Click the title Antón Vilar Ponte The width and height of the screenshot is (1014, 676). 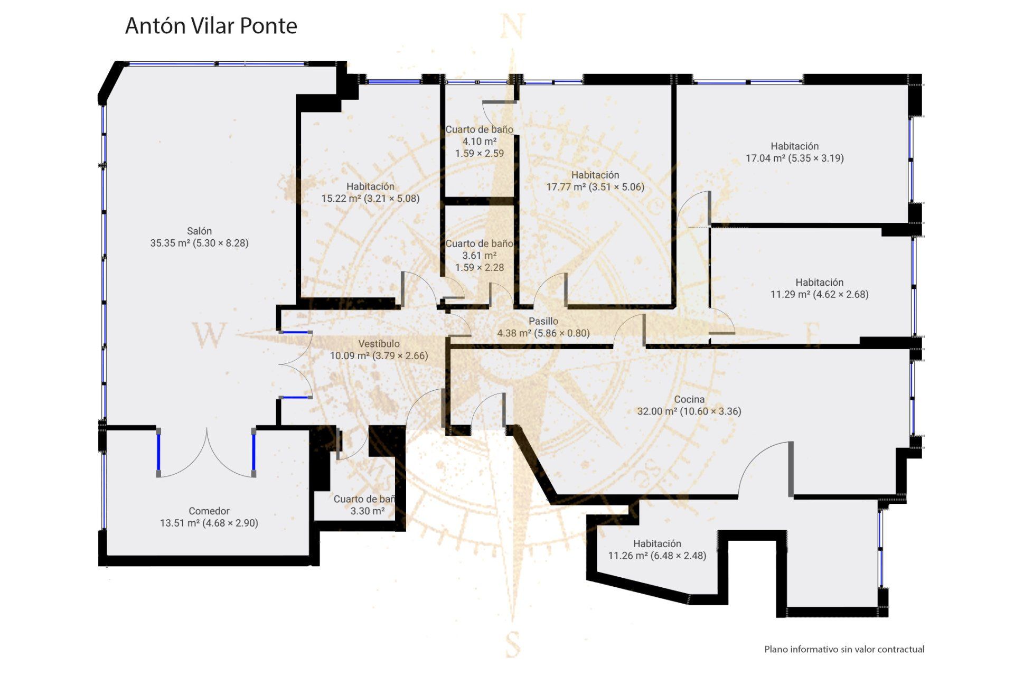211,26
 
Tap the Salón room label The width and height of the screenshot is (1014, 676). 199,231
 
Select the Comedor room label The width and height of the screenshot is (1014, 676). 209,511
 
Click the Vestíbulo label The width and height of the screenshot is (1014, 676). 379,343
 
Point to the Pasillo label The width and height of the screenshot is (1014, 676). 543,321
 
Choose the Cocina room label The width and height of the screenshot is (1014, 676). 689,399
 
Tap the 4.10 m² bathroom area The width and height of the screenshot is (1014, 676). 480,141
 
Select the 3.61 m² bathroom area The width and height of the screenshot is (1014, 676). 480,255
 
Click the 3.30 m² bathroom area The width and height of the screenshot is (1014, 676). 368,511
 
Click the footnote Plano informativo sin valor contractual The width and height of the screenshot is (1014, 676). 844,649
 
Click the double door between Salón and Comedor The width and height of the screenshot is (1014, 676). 206,454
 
